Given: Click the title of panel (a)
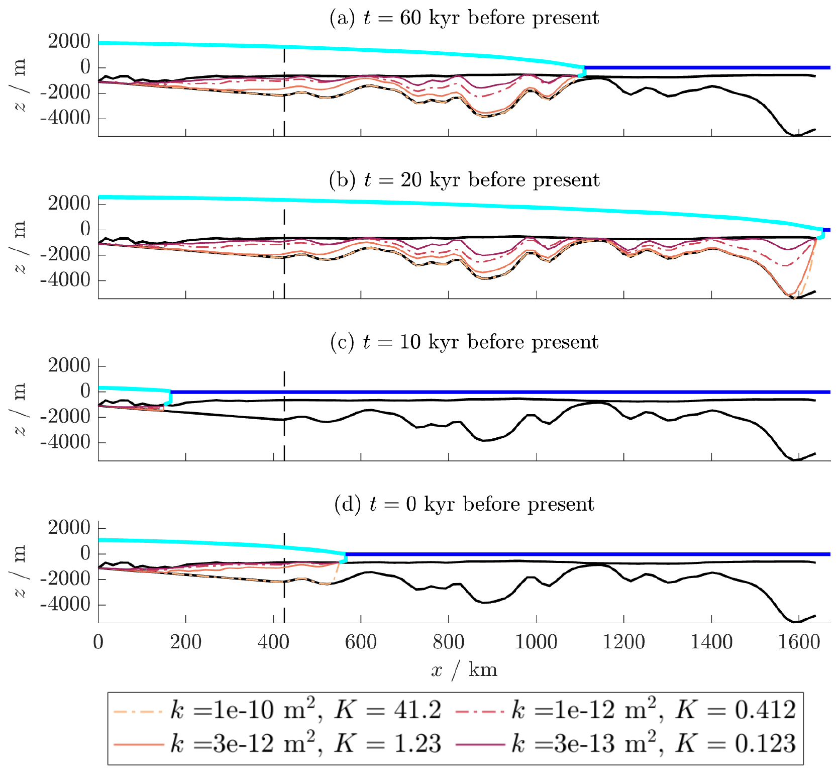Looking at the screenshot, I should (464, 18).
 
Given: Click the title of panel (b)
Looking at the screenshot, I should (464, 180).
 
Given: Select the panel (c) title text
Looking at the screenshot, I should (464, 342).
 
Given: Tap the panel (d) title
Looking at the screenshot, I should (464, 504).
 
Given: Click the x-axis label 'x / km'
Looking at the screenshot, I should (464, 670).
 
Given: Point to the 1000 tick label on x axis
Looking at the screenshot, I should (536, 642).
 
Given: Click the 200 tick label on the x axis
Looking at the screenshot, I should (186, 642).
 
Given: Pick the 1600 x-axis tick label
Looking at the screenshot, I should (799, 642).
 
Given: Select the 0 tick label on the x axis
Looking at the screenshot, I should (98, 642).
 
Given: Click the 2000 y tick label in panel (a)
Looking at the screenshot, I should (69, 42).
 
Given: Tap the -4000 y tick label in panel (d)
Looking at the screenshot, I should (65, 605).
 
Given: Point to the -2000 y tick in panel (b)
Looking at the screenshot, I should (65, 255).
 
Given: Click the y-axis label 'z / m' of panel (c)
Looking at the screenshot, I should (19, 409).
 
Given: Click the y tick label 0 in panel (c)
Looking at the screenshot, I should (85, 391).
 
